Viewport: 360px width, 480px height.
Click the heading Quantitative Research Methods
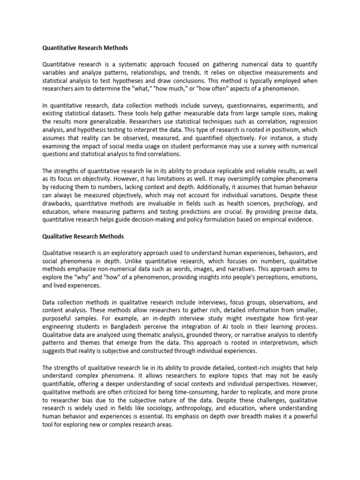(85, 48)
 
